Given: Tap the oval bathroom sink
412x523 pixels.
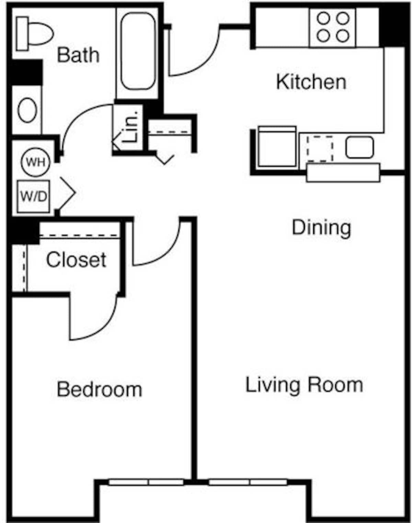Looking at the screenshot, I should point(27,110).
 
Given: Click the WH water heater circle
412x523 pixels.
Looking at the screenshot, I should point(35,162).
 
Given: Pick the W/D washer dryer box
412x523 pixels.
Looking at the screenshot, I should point(33,196).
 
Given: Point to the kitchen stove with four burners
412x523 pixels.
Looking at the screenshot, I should point(332,27).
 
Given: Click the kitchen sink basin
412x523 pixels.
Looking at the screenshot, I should point(359,147).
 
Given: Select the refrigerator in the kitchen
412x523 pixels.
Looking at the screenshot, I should point(277,147).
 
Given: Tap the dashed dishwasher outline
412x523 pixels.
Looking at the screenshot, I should point(320,148).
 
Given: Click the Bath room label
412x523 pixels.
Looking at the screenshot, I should point(78,55).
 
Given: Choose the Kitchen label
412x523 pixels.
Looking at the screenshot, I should point(311,82).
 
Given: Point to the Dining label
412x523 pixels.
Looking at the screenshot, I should point(321,228).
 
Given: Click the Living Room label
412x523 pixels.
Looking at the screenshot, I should point(304,385).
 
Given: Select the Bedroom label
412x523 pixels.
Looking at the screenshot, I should point(100,389).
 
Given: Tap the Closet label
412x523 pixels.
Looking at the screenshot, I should point(76,260).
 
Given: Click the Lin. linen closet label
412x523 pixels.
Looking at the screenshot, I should point(131,127).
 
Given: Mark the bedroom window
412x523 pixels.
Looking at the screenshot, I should point(146,482).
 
